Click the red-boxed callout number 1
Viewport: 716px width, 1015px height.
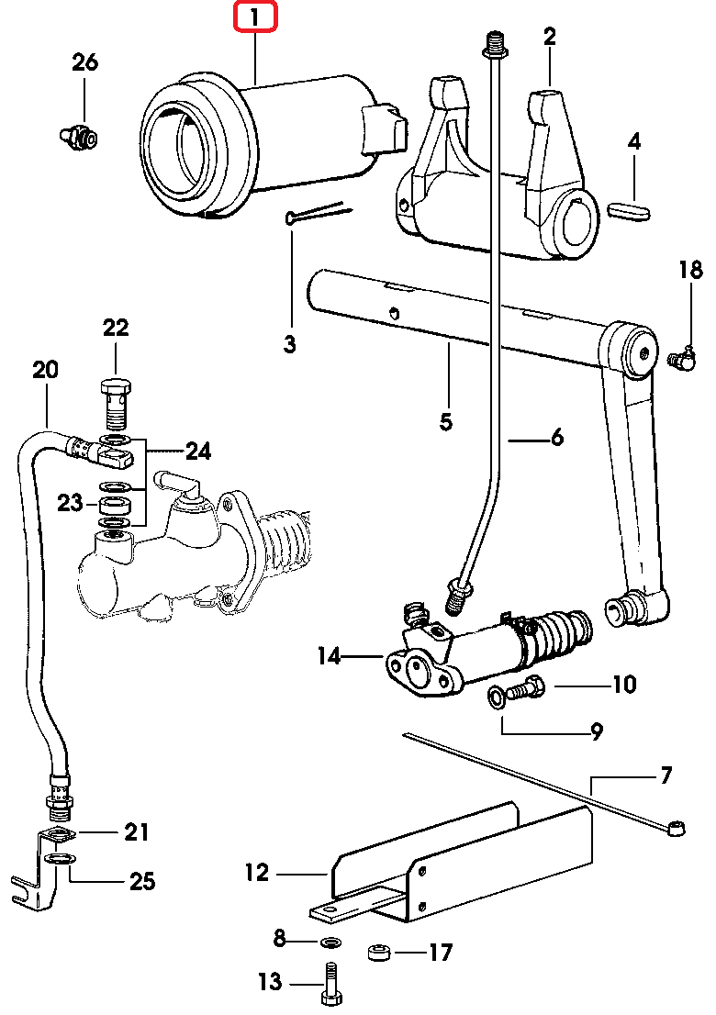[x=254, y=17]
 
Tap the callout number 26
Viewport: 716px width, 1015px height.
[x=84, y=62]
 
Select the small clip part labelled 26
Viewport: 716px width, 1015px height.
[x=80, y=137]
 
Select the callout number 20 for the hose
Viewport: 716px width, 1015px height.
[x=45, y=370]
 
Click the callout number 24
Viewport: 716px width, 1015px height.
[x=198, y=451]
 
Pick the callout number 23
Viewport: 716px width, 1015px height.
[x=70, y=502]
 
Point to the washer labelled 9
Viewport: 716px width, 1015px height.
[x=496, y=698]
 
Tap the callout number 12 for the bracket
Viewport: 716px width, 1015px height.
[x=257, y=873]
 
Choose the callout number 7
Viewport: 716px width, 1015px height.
[x=666, y=775]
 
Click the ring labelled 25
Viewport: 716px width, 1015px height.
[x=62, y=859]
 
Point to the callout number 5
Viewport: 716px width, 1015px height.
[x=446, y=422]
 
